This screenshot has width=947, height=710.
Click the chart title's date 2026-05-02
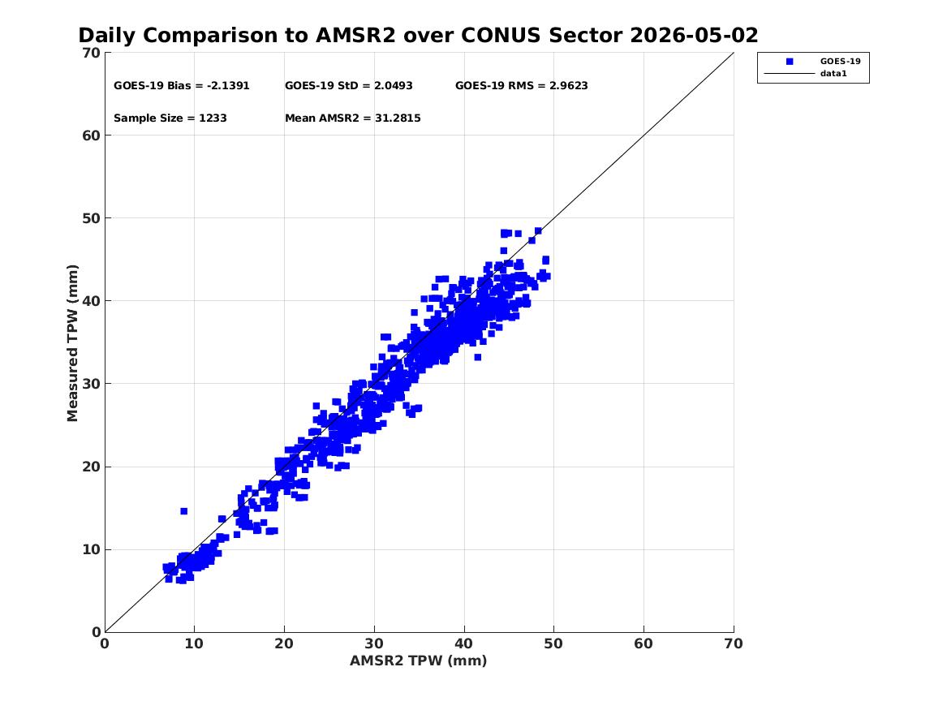click(x=694, y=36)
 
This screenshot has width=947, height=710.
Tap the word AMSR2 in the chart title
click(x=355, y=36)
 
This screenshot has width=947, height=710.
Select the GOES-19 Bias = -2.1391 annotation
click(x=181, y=86)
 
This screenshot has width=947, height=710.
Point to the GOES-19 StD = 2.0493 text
click(x=348, y=86)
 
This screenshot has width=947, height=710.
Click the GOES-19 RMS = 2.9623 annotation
click(x=521, y=86)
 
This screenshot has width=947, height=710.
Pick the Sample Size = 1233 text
click(x=170, y=118)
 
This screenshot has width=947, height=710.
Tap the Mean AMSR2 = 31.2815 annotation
click(x=353, y=118)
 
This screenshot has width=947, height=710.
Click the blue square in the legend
click(x=790, y=62)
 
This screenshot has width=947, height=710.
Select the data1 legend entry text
click(x=833, y=74)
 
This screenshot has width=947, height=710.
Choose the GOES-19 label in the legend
click(x=840, y=61)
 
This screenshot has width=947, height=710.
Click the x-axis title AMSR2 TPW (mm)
click(x=419, y=661)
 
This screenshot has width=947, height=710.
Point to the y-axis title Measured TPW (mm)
click(x=72, y=343)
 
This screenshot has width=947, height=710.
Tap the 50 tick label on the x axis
click(x=553, y=644)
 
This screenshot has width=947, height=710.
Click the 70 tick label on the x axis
click(x=734, y=644)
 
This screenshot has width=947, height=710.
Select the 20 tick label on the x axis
click(x=284, y=644)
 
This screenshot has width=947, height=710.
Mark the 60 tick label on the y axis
click(x=91, y=136)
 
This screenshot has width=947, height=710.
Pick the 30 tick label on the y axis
click(x=91, y=384)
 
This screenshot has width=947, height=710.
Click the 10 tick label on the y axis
click(x=91, y=550)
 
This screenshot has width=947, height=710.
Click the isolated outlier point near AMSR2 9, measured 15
click(x=183, y=511)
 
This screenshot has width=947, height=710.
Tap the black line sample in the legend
click(x=790, y=74)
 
